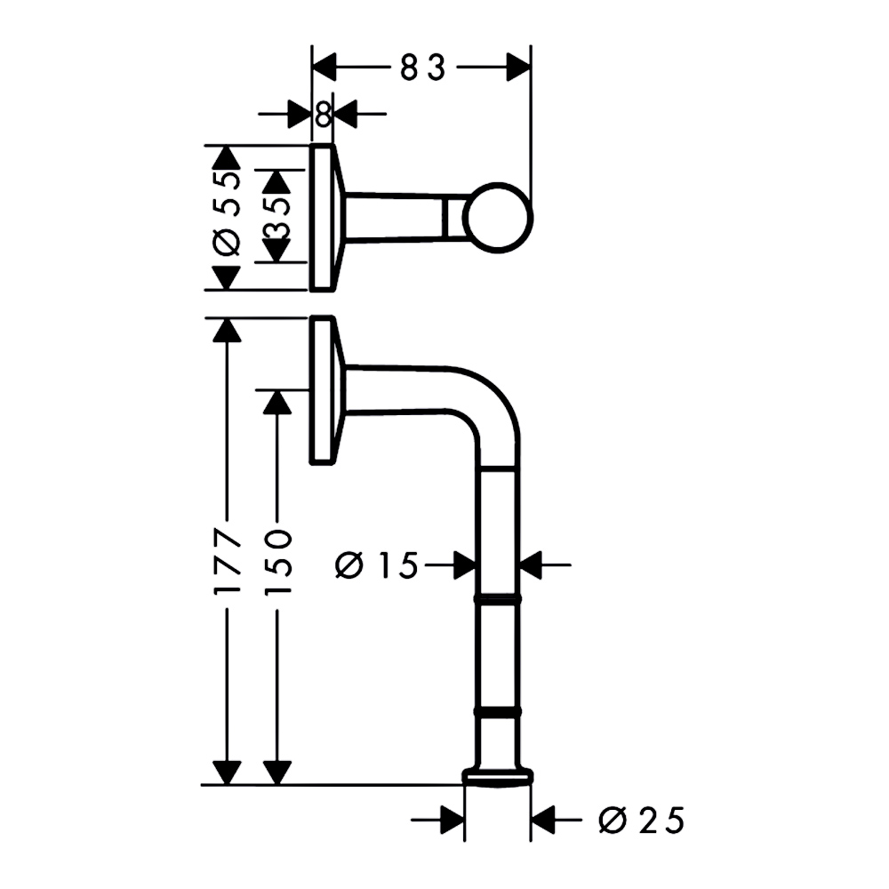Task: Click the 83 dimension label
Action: pyautogui.click(x=423, y=68)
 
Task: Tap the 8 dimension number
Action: pyautogui.click(x=324, y=114)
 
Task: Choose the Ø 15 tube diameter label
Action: pyautogui.click(x=376, y=565)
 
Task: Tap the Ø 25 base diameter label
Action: pyautogui.click(x=641, y=820)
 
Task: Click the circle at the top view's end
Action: pyautogui.click(x=499, y=218)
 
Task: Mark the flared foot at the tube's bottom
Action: pyautogui.click(x=499, y=777)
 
